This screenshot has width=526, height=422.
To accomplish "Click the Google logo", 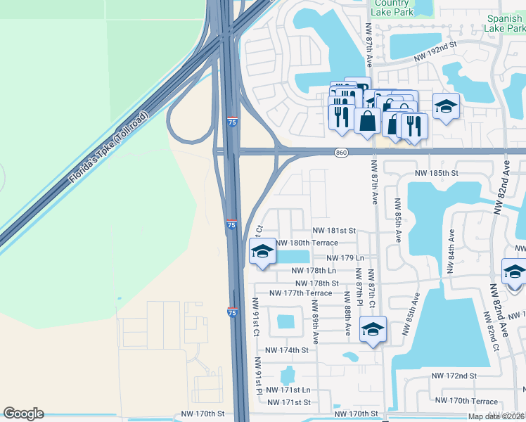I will click(x=23, y=414).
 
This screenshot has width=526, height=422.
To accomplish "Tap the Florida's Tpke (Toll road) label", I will click(x=109, y=148).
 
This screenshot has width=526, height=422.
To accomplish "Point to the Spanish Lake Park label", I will click(x=504, y=23).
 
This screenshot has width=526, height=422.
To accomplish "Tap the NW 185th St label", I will click(x=436, y=172).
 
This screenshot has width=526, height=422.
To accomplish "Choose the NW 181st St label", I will click(x=334, y=230).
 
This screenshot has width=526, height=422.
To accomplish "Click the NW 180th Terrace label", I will click(x=307, y=243).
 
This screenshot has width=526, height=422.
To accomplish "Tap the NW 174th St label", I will click(x=287, y=350).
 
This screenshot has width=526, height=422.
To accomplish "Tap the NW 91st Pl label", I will click(x=259, y=377).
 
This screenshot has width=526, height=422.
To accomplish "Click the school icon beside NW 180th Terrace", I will click(x=262, y=251).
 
